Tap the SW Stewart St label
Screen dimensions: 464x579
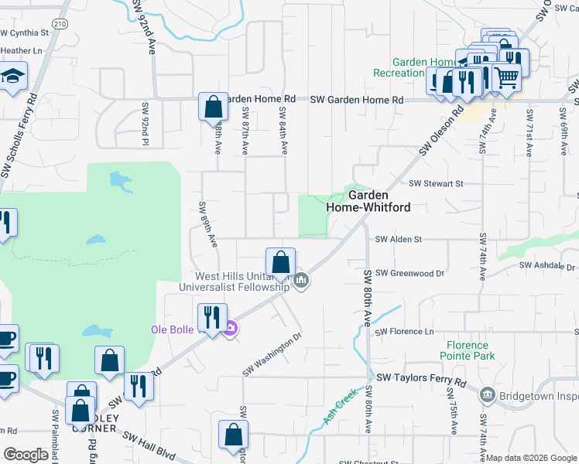coord(435,184)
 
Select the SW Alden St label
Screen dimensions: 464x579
coord(398,240)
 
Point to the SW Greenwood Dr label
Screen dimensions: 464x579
coord(409,273)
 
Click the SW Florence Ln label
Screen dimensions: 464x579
coord(406,333)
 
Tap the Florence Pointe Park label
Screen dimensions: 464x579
coord(467,351)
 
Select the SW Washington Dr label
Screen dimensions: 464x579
coord(271,355)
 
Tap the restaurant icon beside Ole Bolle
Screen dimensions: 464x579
coord(211,316)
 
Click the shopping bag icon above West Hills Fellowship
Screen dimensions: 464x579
coord(280,261)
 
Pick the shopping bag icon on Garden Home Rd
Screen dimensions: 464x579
coord(212,106)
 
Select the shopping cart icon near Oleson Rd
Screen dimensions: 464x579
coord(505,77)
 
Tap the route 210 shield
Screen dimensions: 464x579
coord(61,25)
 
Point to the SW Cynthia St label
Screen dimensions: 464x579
coord(24,33)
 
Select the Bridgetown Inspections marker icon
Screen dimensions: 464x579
coord(487,396)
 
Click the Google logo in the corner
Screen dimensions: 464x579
coord(26,455)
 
